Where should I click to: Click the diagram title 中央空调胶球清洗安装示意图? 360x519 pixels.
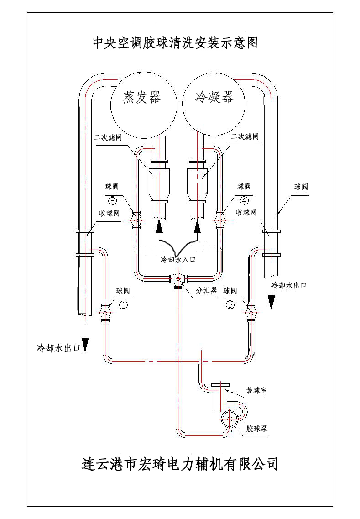176,43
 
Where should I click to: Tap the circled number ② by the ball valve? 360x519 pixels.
112,200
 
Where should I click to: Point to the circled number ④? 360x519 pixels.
245,200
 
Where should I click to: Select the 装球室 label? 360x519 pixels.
256,391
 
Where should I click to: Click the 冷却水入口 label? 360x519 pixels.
178,259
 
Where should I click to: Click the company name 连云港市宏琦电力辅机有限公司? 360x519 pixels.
179,464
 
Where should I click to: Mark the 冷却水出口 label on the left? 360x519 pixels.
58,347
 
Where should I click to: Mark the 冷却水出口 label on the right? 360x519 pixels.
289,285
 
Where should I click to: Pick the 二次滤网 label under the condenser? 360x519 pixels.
245,137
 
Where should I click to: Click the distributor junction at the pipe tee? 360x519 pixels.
177,278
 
